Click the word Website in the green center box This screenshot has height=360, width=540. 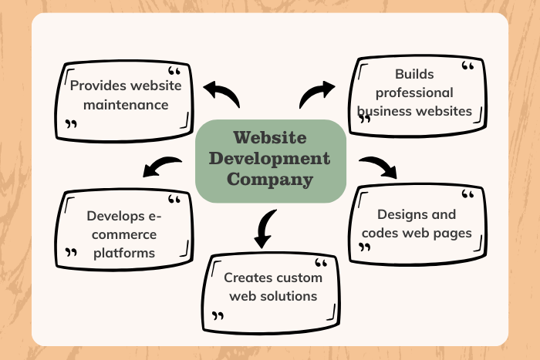click(269, 139)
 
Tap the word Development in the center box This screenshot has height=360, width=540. click(269, 160)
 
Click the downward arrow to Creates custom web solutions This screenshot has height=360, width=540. click(265, 229)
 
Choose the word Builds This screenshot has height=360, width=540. click(413, 74)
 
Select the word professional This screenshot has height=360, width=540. click(414, 93)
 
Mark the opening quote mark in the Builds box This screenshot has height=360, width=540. click(467, 68)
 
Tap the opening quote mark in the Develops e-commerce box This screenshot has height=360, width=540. click(174, 200)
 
